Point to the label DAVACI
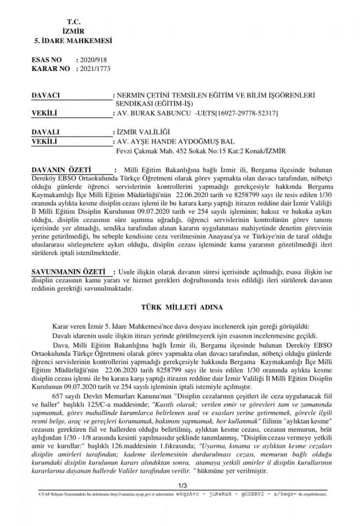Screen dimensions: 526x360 (45, 94)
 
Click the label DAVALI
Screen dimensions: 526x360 (45, 133)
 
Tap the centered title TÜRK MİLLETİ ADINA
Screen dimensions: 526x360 (182, 307)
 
